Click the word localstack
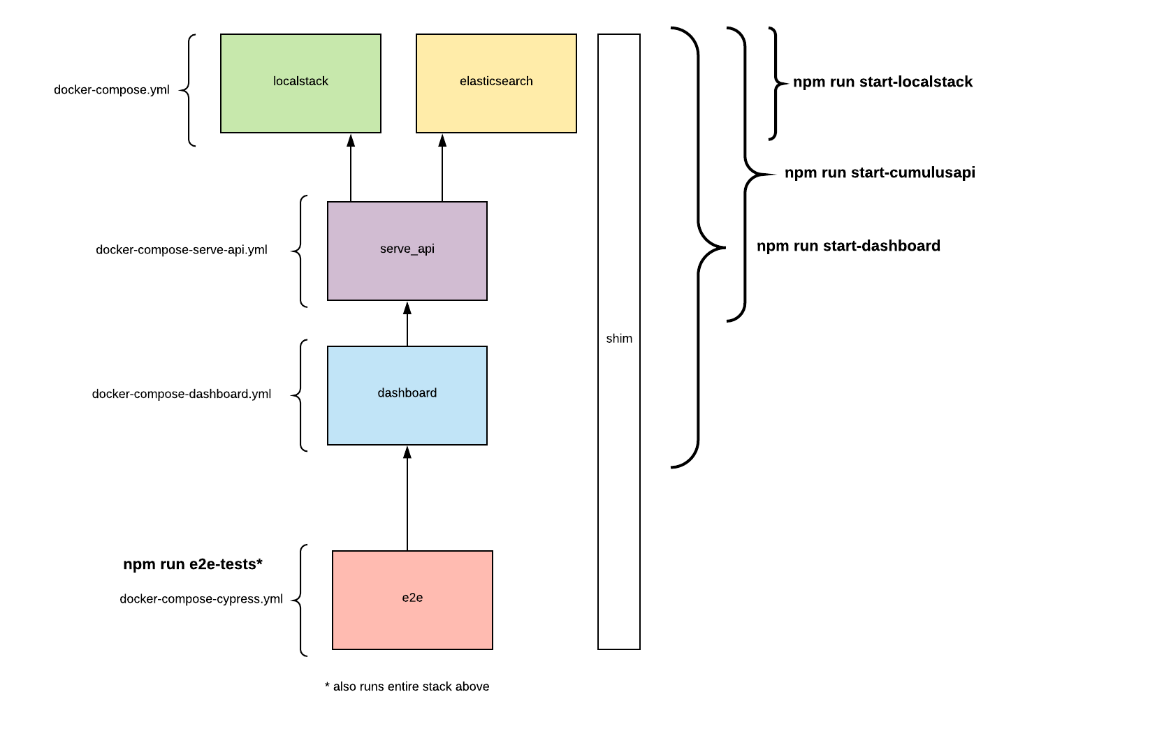[300, 82]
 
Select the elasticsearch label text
[496, 82]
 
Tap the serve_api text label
[407, 249]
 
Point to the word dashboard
[407, 393]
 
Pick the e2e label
[412, 598]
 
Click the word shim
[619, 339]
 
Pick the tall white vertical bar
[619, 209]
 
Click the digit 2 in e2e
[412, 598]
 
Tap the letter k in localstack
[325, 82]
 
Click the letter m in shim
[627, 339]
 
